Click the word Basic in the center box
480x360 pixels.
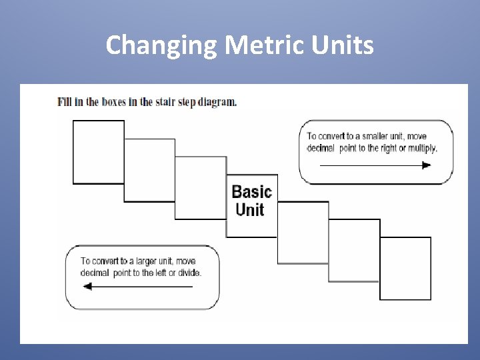[251, 192]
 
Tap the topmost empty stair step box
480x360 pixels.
[98, 151]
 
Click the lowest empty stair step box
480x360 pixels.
[405, 268]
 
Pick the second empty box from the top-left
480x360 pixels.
[149, 169]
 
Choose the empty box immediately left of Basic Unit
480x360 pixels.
[201, 187]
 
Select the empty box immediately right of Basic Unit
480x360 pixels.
[303, 232]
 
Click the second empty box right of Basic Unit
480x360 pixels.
[354, 250]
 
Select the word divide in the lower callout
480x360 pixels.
[188, 273]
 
